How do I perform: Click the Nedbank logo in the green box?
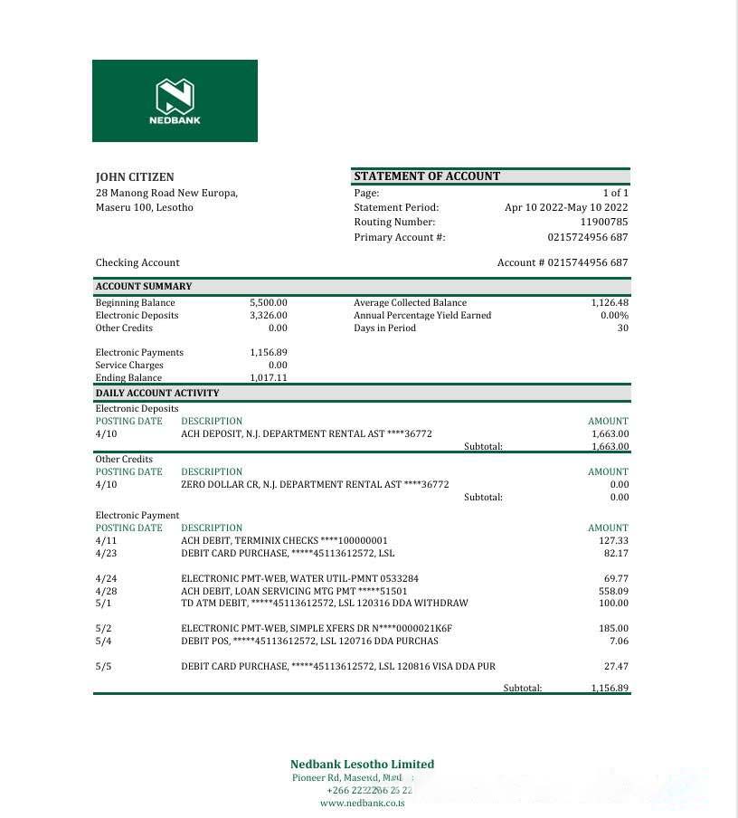[x=175, y=100]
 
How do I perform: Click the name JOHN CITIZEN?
[x=135, y=177]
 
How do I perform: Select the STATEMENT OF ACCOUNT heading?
[x=427, y=176]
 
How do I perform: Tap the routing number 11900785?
[x=603, y=222]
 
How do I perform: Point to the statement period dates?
[x=566, y=207]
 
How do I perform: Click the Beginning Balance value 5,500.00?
[x=269, y=303]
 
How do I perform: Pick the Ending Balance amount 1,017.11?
[x=269, y=378]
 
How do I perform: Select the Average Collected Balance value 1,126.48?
[x=610, y=303]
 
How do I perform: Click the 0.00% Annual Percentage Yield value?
[x=614, y=316]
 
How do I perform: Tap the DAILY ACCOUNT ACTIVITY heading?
[x=157, y=394]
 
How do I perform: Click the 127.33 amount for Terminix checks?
[x=613, y=540]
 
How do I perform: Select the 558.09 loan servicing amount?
[x=613, y=591]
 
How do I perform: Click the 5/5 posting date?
[x=104, y=667]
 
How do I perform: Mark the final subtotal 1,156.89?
[x=610, y=689]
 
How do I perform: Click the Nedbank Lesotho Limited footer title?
[x=362, y=765]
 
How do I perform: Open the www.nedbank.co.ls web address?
[x=362, y=803]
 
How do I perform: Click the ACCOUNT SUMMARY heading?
[x=144, y=287]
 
